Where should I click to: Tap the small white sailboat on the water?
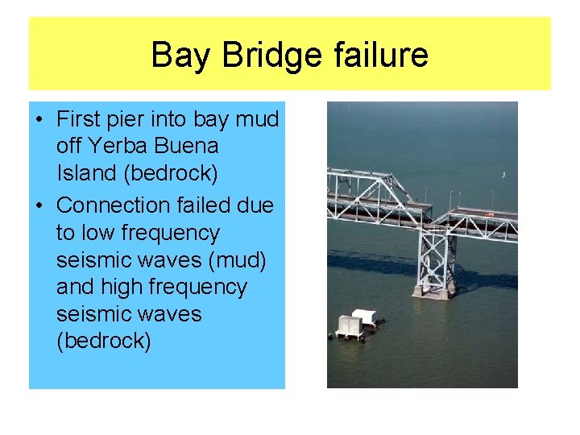503,173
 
